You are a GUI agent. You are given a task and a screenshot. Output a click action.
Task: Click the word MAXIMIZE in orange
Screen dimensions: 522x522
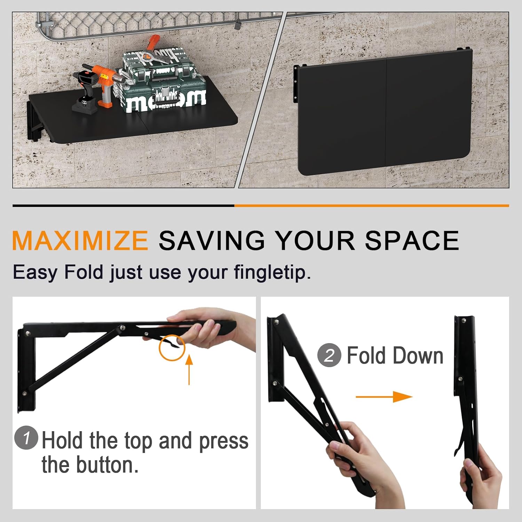pyautogui.click(x=80, y=240)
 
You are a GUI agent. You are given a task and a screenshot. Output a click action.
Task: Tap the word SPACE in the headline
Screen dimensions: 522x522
pyautogui.click(x=412, y=240)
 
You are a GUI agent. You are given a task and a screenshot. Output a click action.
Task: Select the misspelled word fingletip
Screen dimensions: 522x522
pyautogui.click(x=272, y=272)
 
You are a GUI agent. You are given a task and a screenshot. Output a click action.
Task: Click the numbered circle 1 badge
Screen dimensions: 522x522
pyautogui.click(x=26, y=437)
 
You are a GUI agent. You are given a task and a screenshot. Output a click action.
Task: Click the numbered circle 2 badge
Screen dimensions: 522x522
pyautogui.click(x=329, y=355)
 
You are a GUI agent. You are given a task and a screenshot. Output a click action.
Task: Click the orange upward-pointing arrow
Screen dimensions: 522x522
pyautogui.click(x=189, y=370)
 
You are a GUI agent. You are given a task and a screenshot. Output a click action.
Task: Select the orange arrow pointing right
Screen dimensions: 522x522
pyautogui.click(x=384, y=397)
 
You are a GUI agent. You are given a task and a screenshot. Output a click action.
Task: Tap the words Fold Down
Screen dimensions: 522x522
pyautogui.click(x=395, y=356)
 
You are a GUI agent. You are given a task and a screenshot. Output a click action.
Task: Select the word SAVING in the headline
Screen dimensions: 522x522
pyautogui.click(x=212, y=240)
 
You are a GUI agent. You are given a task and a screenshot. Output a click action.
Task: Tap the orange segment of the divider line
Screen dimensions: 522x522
pyautogui.click(x=372, y=206)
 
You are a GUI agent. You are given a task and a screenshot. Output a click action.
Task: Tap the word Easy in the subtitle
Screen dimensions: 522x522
pyautogui.click(x=35, y=272)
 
